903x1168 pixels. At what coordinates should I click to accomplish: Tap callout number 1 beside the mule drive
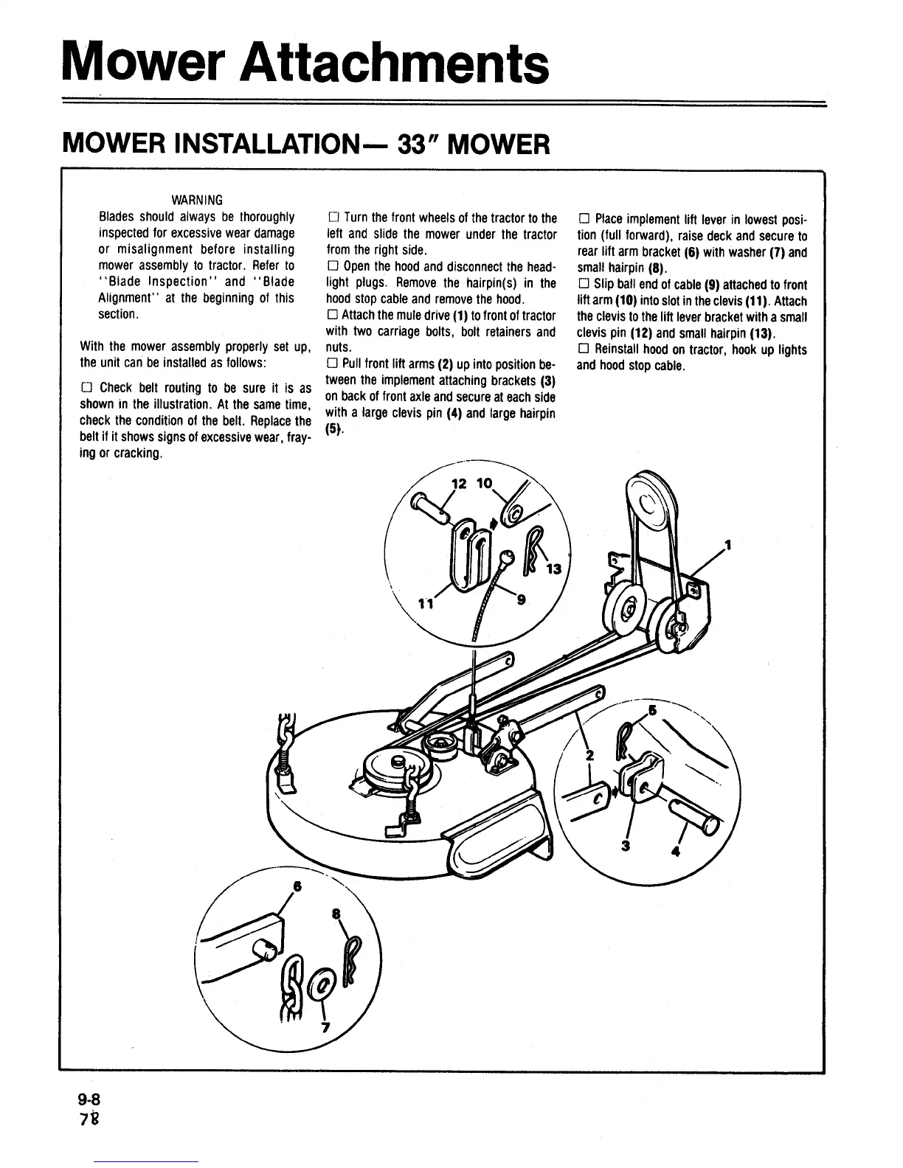727,546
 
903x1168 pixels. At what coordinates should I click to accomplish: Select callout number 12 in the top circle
459,484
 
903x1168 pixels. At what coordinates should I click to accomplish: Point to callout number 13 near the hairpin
554,569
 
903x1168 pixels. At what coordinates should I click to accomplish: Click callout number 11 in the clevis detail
424,604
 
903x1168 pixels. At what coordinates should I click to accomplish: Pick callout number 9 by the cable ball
521,600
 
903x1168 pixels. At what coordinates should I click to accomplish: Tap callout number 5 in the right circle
651,711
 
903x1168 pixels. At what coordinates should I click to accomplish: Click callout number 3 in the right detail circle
626,846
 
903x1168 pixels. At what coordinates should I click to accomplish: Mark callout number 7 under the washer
325,1029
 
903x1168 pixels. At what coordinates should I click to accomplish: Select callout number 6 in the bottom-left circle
297,886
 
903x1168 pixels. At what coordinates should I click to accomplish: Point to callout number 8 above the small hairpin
336,914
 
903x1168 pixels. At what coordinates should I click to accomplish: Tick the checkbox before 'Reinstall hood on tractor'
582,349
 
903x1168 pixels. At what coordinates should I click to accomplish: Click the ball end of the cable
506,557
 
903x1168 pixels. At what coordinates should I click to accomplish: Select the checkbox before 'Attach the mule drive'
331,316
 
